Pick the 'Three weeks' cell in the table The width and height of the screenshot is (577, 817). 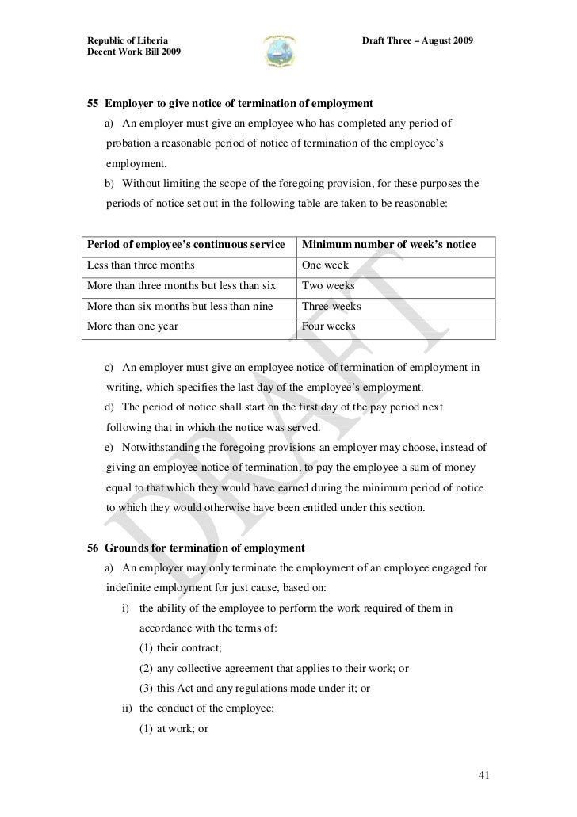(x=331, y=306)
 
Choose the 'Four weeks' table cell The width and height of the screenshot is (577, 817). (x=329, y=326)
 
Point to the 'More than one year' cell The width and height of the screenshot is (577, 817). (x=132, y=326)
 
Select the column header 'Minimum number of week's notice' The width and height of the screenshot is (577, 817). (x=388, y=245)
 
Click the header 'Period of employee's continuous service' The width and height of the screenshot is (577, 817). (x=185, y=245)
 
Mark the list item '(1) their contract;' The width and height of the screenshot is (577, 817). (x=180, y=648)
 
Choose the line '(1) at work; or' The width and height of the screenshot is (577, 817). (x=174, y=727)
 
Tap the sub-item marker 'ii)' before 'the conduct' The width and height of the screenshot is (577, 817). (x=126, y=708)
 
